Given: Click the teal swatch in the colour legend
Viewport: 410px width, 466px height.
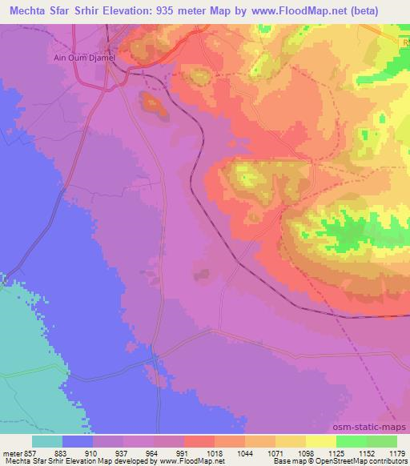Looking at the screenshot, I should pos(47,440).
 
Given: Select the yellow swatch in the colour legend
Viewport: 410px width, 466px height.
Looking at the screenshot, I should pos(320,440).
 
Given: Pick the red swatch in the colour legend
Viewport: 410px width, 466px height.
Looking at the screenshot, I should pos(199,440).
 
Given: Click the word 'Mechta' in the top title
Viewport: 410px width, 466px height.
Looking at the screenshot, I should pos(27,10).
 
